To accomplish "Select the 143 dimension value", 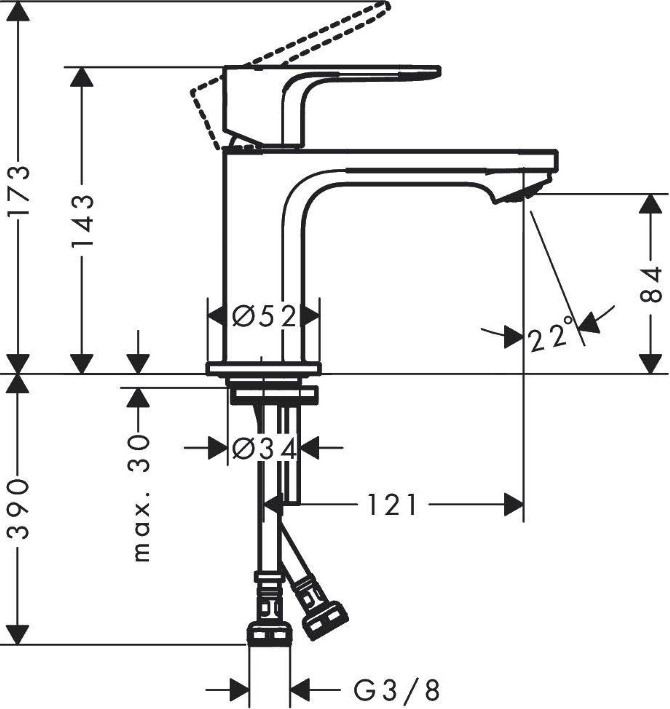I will pos(83,221).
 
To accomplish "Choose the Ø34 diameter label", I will pos(264,449).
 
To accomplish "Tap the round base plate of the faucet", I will pos(263,369).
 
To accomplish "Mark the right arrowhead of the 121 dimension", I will pos(514,505).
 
